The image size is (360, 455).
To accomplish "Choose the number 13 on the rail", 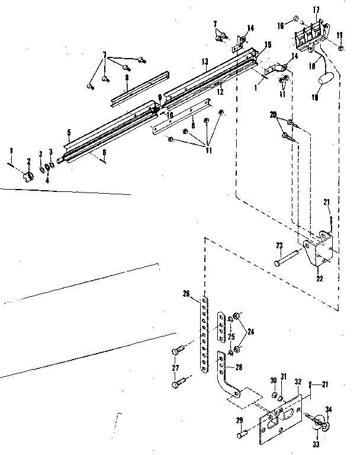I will [205, 61].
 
